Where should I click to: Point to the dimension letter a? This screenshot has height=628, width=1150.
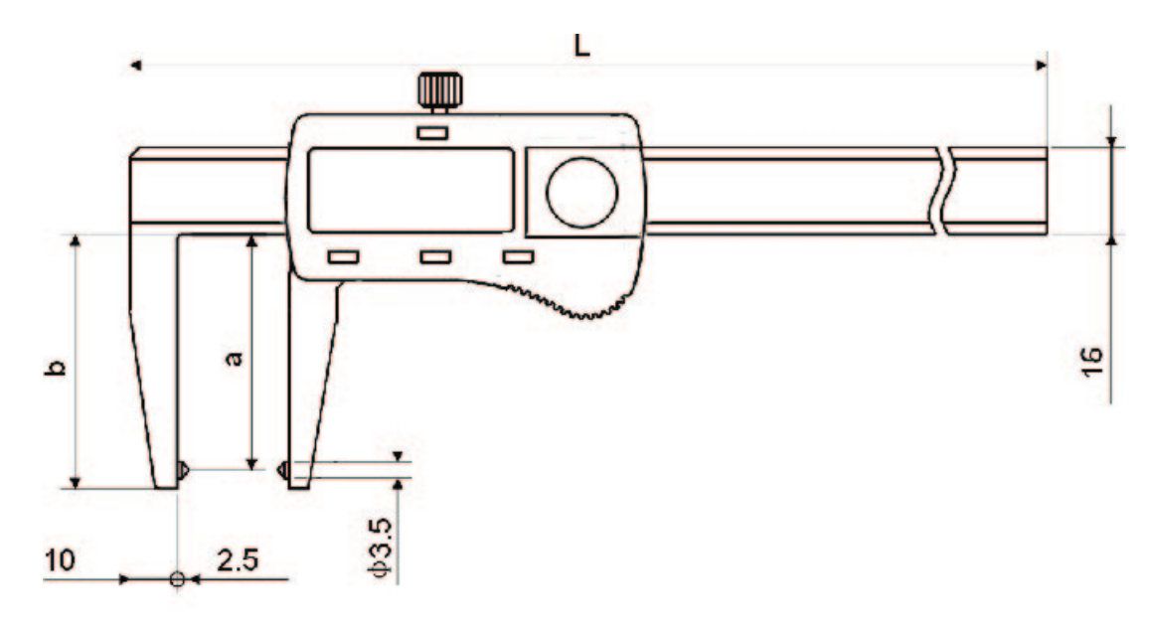click(x=236, y=357)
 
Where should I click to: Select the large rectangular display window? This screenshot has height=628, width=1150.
click(x=409, y=189)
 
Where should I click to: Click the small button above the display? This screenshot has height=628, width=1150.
click(x=432, y=132)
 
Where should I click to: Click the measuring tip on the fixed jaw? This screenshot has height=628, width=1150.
click(x=184, y=467)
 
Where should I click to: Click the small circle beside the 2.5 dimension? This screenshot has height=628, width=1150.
click(x=177, y=578)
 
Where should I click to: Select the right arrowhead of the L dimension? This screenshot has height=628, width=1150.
click(x=1041, y=67)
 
